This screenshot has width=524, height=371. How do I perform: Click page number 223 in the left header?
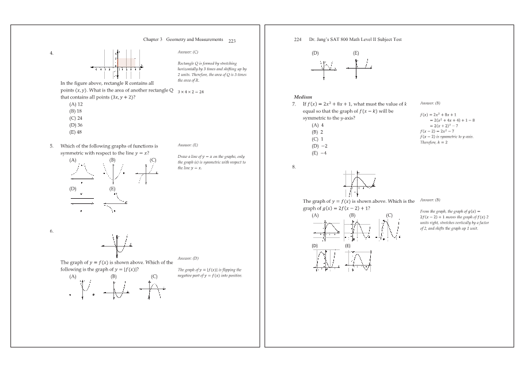pyautogui.click(x=232, y=41)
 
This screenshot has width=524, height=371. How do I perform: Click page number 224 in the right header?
pyautogui.click(x=298, y=40)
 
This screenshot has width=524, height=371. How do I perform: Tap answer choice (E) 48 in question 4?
pyautogui.click(x=76, y=131)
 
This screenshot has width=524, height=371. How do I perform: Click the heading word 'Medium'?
pyautogui.click(x=302, y=97)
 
